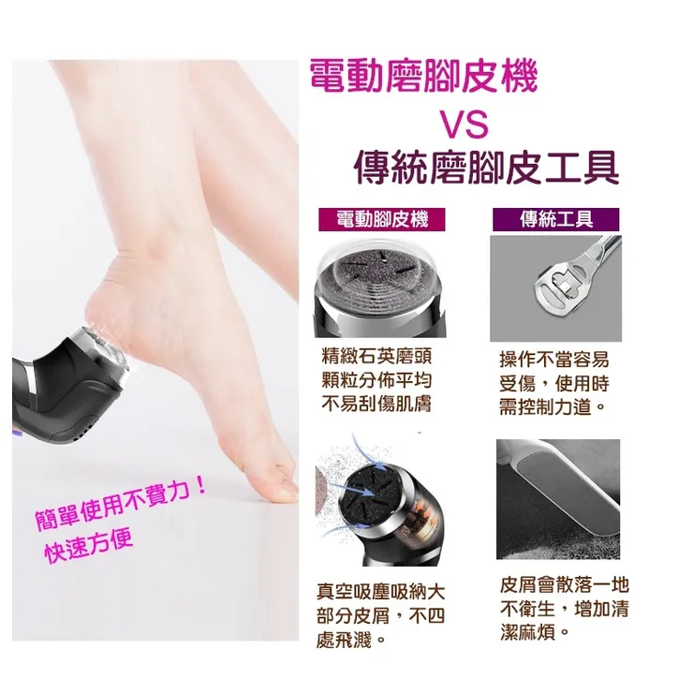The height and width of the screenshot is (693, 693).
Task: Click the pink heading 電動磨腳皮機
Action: (x=423, y=78)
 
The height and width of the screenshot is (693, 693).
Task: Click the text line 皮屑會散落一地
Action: (x=564, y=587)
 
